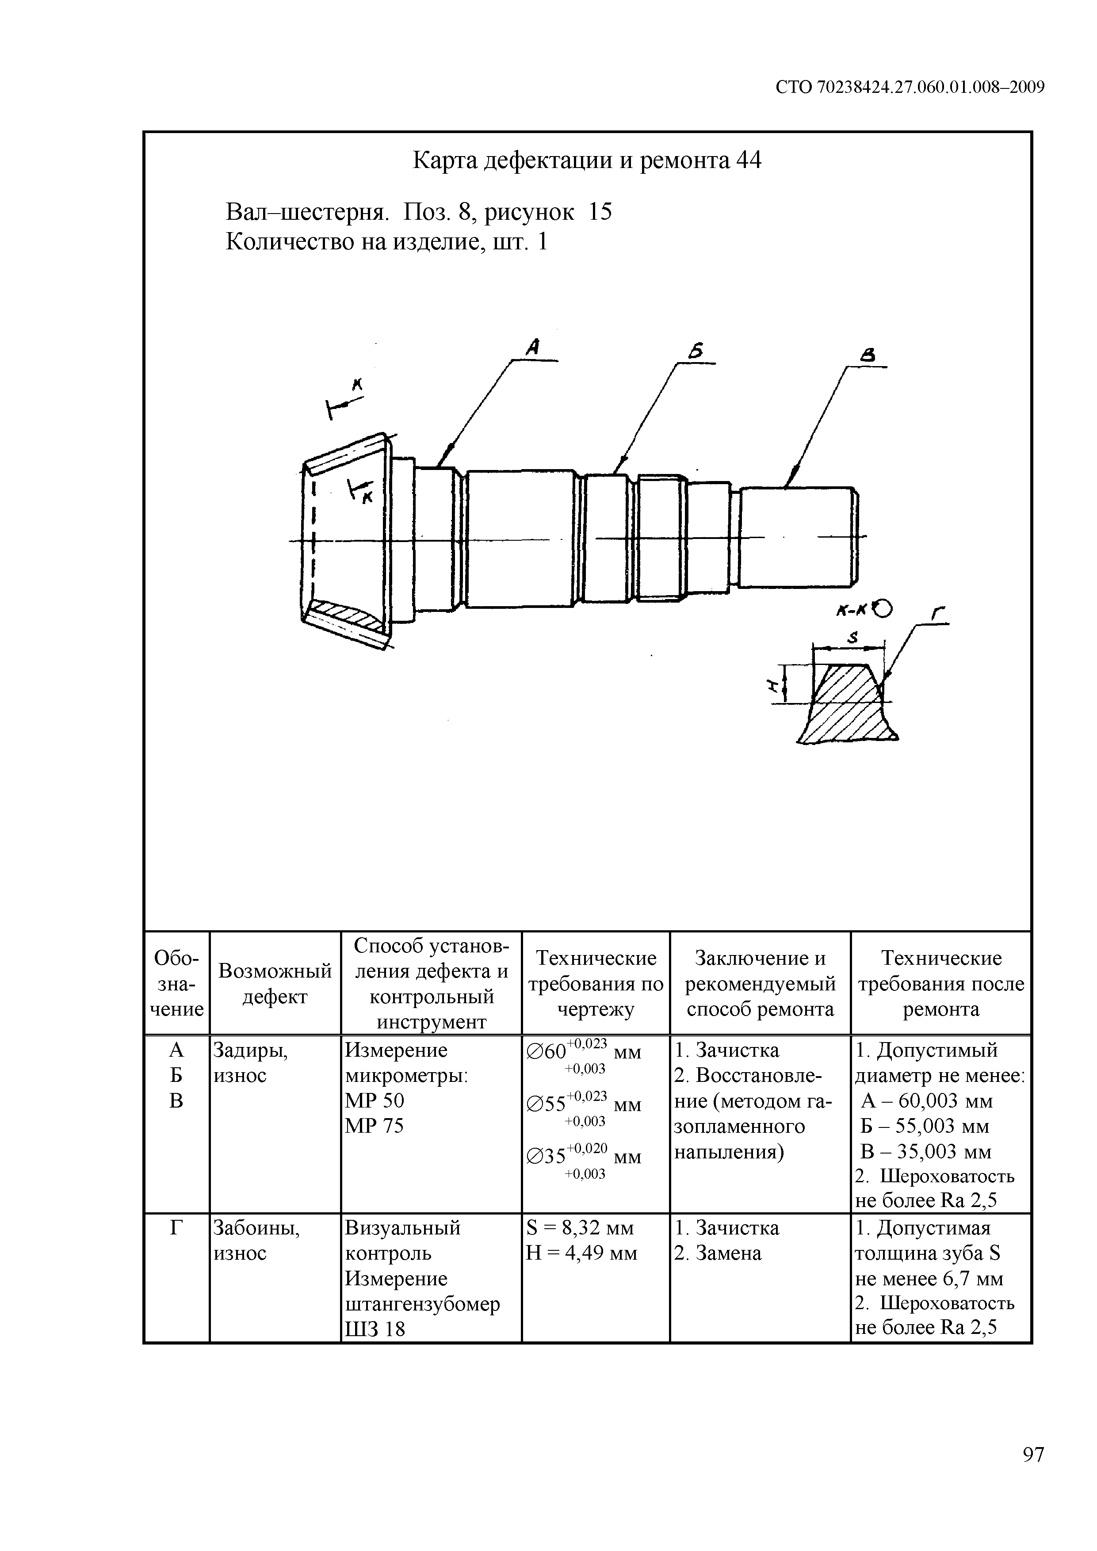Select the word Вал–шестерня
[x=307, y=212]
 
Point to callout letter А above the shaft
[x=534, y=347]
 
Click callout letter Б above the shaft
[x=696, y=351]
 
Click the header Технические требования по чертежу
[x=595, y=984]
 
